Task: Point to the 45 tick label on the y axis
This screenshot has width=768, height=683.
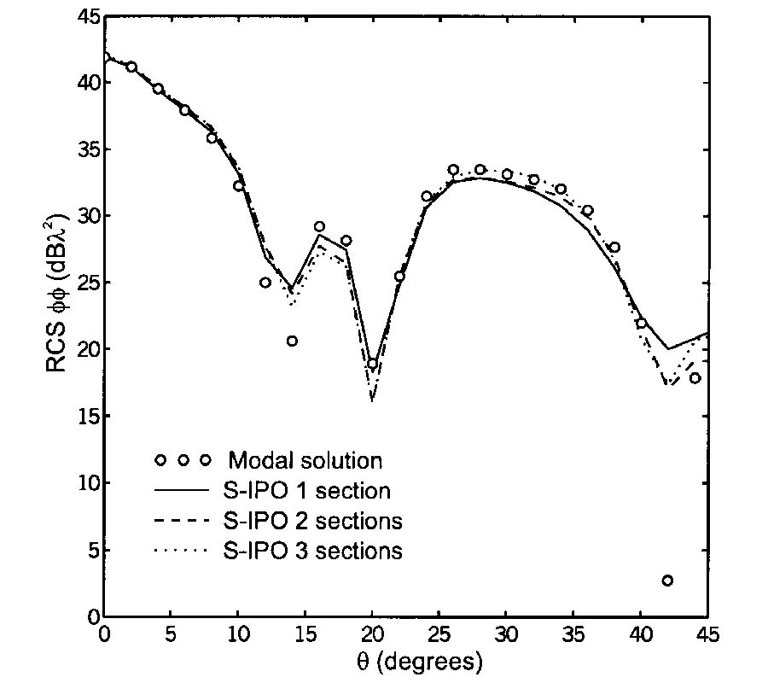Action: tap(84, 17)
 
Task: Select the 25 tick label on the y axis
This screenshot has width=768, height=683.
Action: tap(84, 283)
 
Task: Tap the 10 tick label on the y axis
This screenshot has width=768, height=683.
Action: tap(84, 483)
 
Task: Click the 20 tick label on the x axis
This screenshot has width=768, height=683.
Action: tap(372, 634)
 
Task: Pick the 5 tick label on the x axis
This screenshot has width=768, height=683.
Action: tap(171, 634)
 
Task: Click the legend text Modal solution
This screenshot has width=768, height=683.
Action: tap(305, 461)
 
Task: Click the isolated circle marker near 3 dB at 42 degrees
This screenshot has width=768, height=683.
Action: tap(667, 581)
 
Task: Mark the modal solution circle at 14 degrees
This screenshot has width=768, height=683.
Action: tap(292, 341)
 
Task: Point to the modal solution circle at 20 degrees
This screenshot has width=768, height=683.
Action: tap(372, 364)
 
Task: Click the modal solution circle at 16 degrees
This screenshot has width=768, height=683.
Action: tap(319, 227)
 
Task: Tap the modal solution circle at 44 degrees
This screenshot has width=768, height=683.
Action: tap(695, 378)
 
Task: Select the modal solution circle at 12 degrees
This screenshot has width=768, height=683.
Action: tap(265, 283)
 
